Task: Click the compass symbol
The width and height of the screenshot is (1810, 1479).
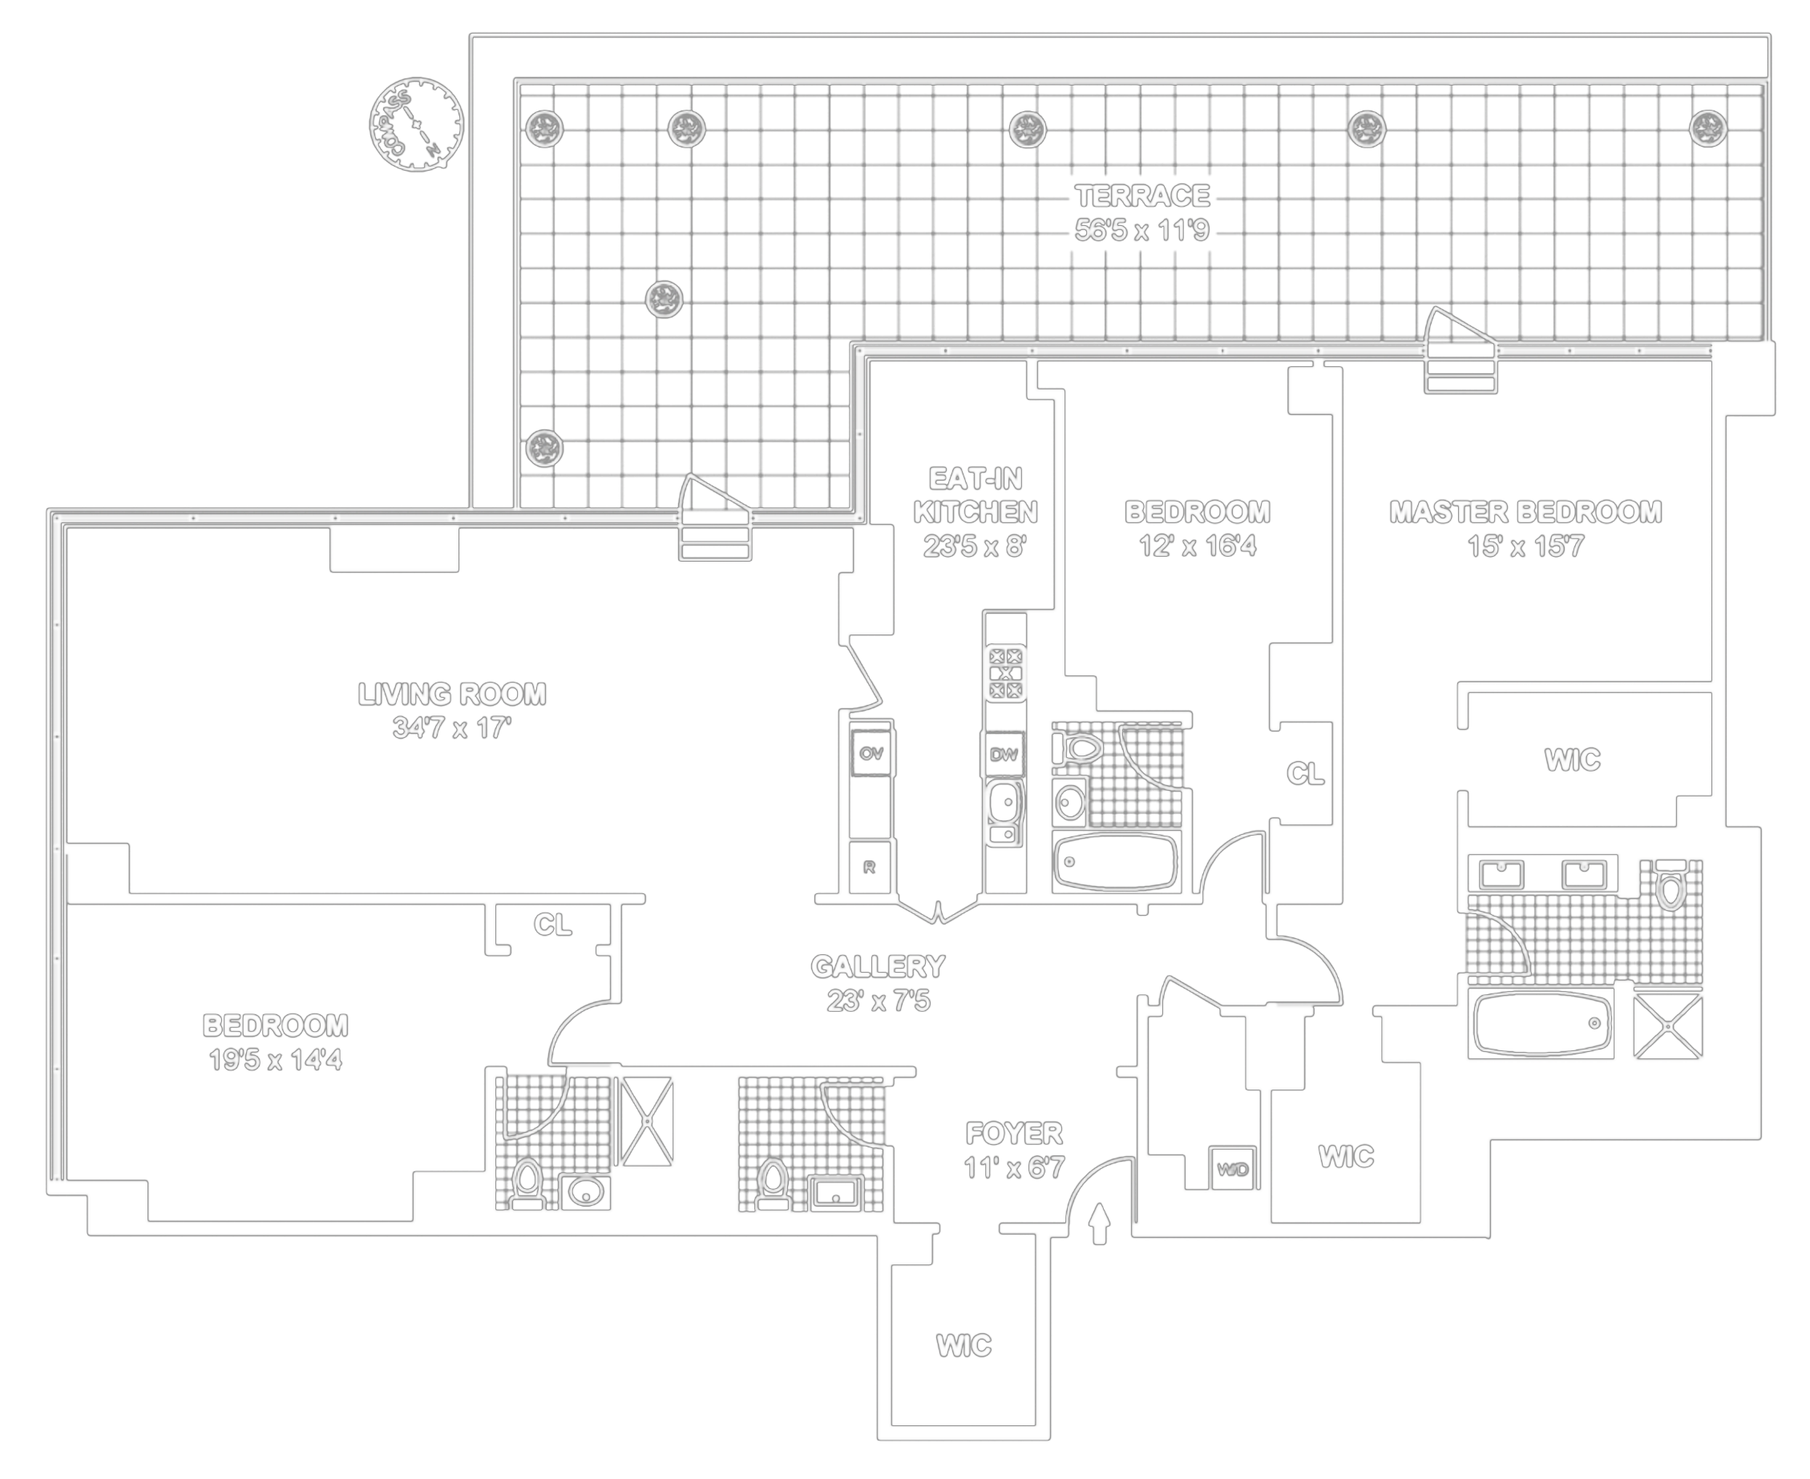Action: click(x=416, y=124)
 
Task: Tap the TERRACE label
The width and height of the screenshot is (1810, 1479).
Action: click(x=1142, y=196)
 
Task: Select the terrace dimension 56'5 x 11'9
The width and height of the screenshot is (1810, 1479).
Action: click(x=1142, y=231)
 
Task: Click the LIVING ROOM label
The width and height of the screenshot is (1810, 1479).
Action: click(x=451, y=695)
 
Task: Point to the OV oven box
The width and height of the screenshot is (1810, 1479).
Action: click(x=871, y=754)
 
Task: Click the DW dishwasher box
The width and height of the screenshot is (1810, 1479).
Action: click(x=1004, y=754)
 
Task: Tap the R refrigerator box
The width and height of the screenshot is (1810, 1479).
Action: click(x=870, y=868)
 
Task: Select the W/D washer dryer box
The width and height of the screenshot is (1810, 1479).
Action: click(x=1232, y=1169)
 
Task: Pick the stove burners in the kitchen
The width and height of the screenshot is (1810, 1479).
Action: click(x=1005, y=673)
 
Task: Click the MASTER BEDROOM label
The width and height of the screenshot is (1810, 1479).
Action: click(x=1525, y=512)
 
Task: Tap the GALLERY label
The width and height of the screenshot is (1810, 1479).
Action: click(x=878, y=966)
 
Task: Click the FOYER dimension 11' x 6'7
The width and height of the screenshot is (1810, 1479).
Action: click(x=1014, y=1167)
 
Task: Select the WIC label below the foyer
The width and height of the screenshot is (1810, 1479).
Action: click(x=964, y=1345)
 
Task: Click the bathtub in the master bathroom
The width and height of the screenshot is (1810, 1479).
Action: click(x=1542, y=1022)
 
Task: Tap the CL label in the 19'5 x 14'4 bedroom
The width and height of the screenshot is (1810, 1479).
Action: click(x=552, y=925)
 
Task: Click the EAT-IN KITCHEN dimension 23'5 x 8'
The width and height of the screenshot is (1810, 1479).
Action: click(x=975, y=546)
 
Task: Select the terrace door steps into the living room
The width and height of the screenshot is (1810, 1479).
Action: click(x=714, y=537)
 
